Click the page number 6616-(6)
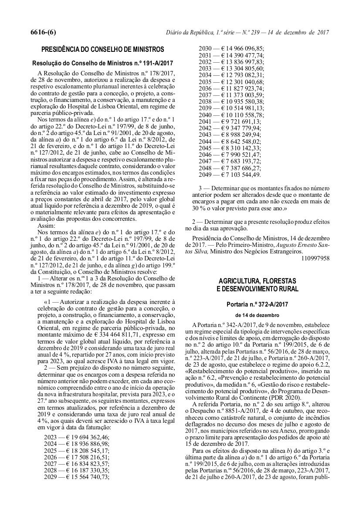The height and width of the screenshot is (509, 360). tap(43, 33)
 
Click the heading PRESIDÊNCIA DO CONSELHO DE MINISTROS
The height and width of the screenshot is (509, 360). tap(102, 49)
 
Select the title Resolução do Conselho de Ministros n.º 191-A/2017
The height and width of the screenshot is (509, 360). tap(103, 63)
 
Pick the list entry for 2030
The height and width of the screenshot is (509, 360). tap(231, 49)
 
